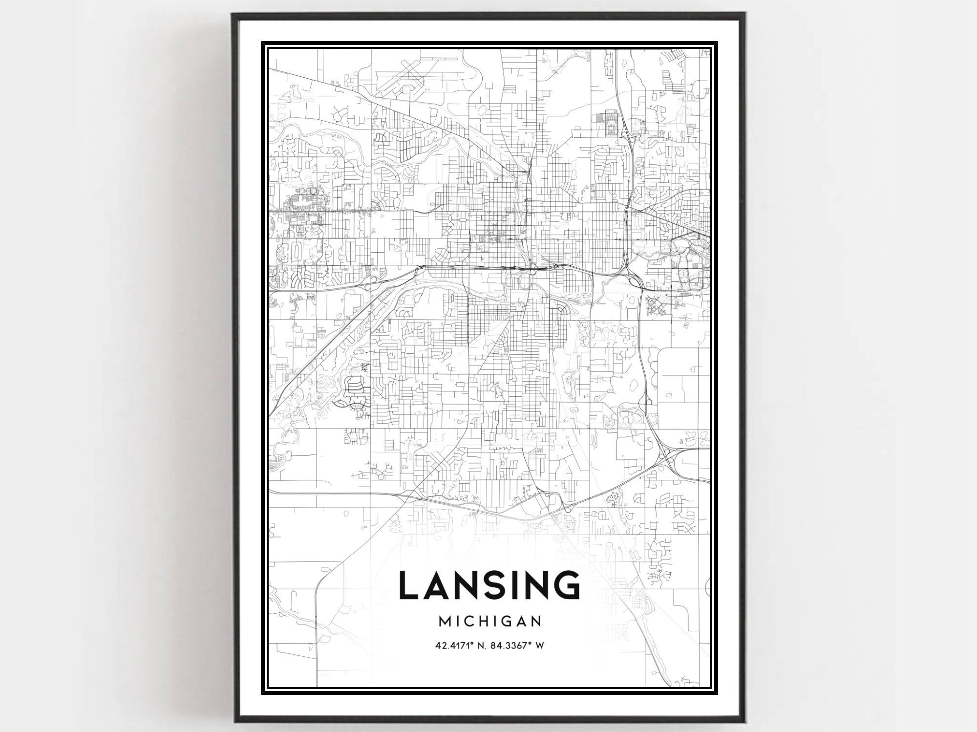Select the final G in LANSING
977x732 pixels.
click(566, 585)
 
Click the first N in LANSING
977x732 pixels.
click(467, 585)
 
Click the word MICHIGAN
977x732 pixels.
click(490, 621)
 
